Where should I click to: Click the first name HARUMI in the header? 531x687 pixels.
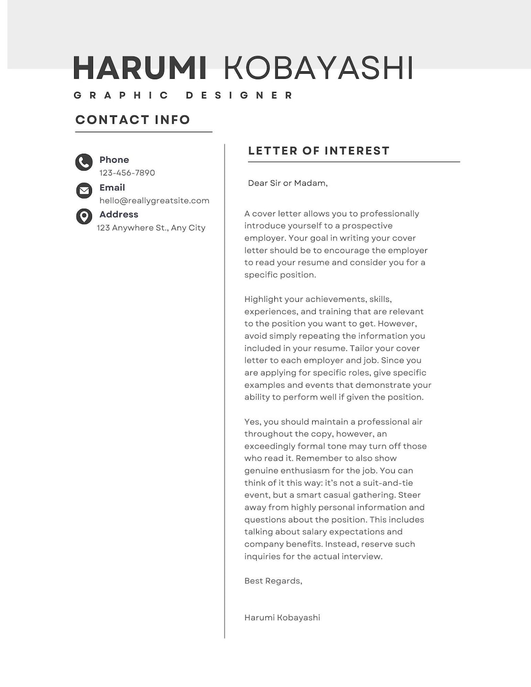[x=140, y=68]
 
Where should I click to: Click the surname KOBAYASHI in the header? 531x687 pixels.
[x=318, y=68]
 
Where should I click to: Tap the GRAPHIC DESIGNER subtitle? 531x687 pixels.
[x=183, y=95]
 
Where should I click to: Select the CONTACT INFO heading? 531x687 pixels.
[x=133, y=120]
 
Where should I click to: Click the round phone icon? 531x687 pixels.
[x=84, y=162]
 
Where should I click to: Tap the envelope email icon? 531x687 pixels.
[x=84, y=190]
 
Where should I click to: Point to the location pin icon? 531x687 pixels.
[x=84, y=216]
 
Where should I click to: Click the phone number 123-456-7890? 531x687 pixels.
[x=127, y=173]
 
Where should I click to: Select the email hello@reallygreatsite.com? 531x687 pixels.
[x=154, y=200]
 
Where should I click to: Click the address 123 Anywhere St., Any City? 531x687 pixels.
[x=151, y=228]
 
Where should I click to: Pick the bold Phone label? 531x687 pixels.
[x=114, y=160]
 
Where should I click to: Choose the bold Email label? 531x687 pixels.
[x=112, y=188]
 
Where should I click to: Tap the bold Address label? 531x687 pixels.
[x=118, y=215]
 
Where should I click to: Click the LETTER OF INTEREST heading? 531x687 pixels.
[x=319, y=151]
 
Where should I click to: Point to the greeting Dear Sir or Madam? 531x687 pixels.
[x=288, y=183]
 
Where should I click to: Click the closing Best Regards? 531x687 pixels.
[x=273, y=581]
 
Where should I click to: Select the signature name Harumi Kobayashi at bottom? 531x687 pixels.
[x=282, y=618]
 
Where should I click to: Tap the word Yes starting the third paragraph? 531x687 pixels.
[x=252, y=422]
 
